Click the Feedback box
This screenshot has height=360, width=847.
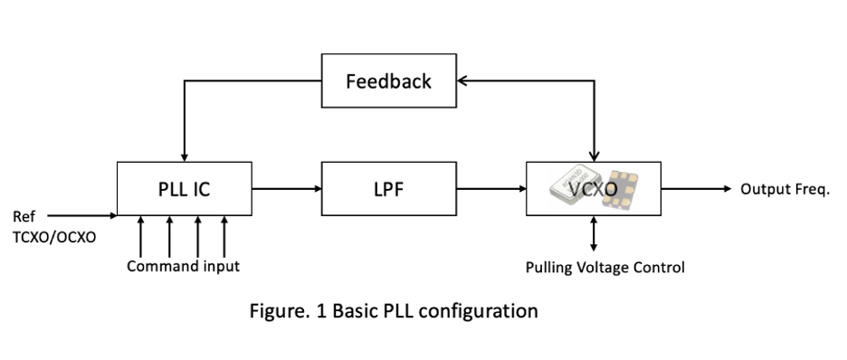[x=389, y=81]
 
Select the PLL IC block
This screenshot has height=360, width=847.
[x=185, y=189]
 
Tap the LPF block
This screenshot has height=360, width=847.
[x=389, y=189]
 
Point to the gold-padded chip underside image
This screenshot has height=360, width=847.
[x=620, y=189]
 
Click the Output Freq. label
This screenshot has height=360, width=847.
[x=785, y=189]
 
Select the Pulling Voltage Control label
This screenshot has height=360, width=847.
[x=605, y=267]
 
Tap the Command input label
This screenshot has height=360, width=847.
[x=183, y=266]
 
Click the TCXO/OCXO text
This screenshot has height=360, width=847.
[x=54, y=237]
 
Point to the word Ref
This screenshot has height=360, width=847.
[x=24, y=216]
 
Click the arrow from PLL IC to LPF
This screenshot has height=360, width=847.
[x=287, y=189]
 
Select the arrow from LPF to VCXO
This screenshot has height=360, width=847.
[x=491, y=189]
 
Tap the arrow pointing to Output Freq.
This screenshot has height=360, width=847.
[x=696, y=189]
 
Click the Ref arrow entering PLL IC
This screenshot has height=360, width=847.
[x=82, y=216]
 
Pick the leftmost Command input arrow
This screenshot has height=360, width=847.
[x=140, y=237]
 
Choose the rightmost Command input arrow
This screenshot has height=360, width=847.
[x=224, y=237]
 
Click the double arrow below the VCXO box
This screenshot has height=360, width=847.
[x=594, y=233]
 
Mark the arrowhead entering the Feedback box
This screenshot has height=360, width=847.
[x=462, y=81]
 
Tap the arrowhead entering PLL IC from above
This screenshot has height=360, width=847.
[x=185, y=157]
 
